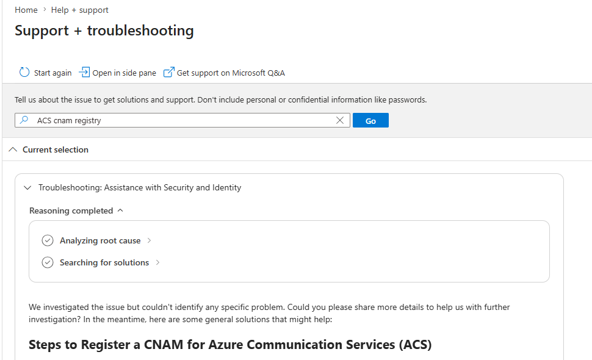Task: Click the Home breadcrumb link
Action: [26, 10]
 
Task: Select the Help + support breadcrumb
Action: [80, 10]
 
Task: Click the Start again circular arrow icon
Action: [24, 72]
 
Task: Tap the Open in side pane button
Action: [117, 73]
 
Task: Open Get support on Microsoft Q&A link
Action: [224, 73]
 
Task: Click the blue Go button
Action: [370, 120]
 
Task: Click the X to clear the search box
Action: [340, 120]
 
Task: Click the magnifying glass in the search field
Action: [24, 120]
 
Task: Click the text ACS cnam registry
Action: [69, 120]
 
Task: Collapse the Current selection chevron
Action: [13, 149]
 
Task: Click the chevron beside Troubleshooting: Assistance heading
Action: [27, 187]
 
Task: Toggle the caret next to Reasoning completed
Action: [120, 210]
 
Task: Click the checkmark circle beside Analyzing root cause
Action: [48, 240]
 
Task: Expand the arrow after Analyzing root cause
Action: [149, 240]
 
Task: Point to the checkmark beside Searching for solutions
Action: [48, 262]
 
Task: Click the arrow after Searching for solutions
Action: [158, 262]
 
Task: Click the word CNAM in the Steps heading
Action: [164, 345]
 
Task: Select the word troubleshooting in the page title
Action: [140, 31]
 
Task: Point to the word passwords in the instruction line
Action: [408, 99]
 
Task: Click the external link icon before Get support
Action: [169, 72]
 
